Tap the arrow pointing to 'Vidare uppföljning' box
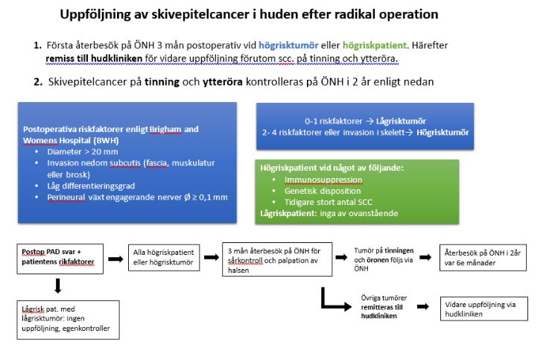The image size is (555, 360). click(x=422, y=306)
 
